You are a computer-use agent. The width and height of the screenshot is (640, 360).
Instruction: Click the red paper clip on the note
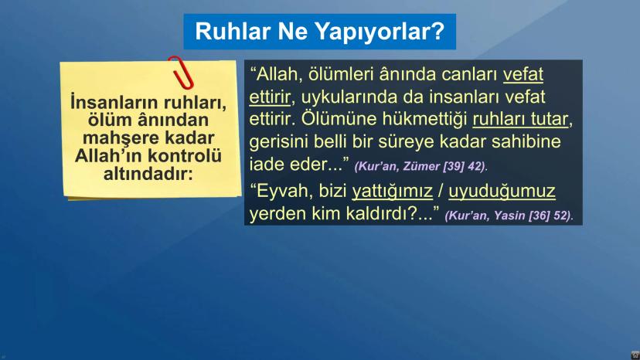(182, 71)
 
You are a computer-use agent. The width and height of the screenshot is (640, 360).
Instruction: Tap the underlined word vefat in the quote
(523, 75)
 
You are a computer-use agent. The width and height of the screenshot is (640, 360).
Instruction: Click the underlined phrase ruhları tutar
(521, 121)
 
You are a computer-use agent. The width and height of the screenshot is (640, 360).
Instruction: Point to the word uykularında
(347, 98)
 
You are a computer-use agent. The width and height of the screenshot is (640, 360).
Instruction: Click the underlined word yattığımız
(392, 190)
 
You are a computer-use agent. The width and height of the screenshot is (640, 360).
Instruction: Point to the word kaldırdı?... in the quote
(398, 212)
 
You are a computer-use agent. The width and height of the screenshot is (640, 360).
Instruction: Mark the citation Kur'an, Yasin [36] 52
(509, 215)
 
